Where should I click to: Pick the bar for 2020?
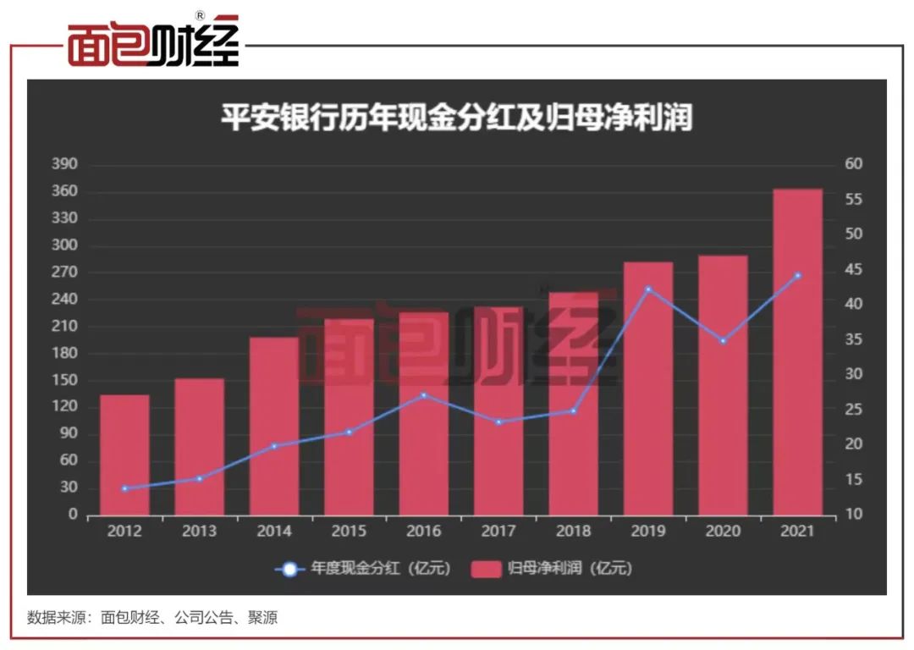723,385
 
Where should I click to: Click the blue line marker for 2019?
648,289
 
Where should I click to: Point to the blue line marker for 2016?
424,394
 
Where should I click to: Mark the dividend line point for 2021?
797,275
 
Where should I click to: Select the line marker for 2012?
124,488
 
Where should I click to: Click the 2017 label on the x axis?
498,532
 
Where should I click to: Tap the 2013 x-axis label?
199,532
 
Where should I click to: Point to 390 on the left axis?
65,164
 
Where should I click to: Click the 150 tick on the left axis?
65,380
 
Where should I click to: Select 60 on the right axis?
854,164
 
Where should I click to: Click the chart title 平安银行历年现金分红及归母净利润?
457,118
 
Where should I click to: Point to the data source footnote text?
152,617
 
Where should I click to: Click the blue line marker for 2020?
723,340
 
